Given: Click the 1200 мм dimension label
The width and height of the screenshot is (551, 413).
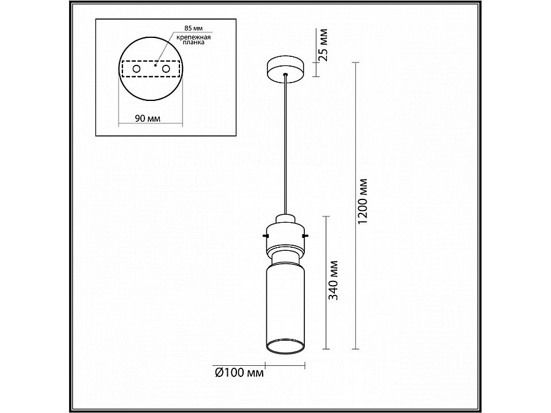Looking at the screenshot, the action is click(363, 201).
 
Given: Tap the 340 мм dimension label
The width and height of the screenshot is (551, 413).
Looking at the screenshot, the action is click(333, 280).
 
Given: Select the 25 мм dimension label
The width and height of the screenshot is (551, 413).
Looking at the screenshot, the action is click(322, 45).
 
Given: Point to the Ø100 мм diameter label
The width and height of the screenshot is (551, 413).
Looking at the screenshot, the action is click(239, 372).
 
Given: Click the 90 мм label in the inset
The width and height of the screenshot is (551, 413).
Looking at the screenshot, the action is click(148, 119).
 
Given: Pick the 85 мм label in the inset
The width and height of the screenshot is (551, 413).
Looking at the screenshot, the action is click(193, 28).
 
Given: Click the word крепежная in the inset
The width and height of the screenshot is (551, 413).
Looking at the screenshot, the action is click(193, 37).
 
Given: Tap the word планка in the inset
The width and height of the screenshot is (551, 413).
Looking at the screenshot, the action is click(193, 42).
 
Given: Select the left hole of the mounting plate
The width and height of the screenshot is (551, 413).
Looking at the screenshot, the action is click(137, 69).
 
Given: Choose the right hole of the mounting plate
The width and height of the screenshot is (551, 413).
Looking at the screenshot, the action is click(166, 69).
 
